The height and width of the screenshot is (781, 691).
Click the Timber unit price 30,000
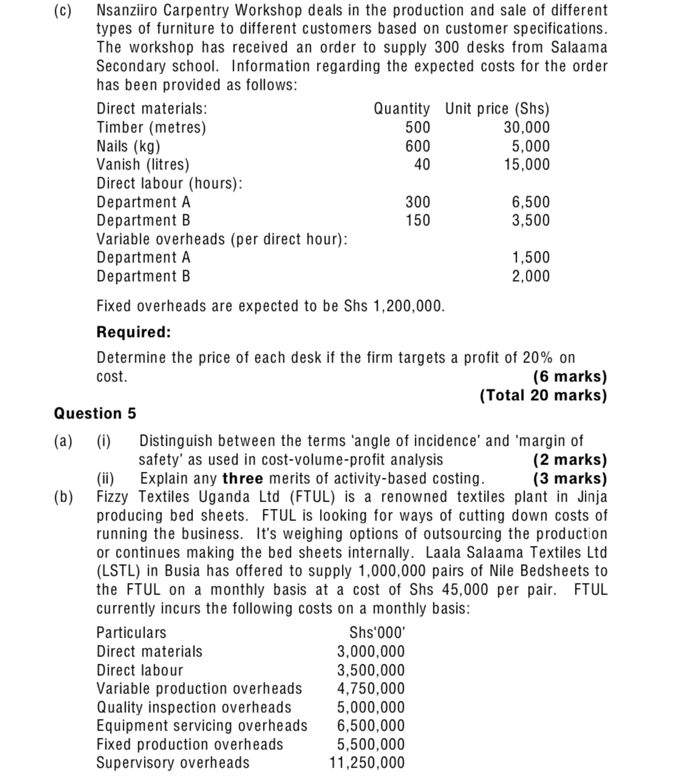coord(526,128)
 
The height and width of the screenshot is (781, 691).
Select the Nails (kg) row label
coord(129,146)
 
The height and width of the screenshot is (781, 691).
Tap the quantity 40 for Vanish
coord(421,165)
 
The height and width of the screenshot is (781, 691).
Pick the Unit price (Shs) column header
coord(497,109)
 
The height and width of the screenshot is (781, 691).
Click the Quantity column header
coord(401,109)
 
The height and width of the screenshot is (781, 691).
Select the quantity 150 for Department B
coord(418,220)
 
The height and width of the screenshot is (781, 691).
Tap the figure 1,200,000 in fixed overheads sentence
coord(406,306)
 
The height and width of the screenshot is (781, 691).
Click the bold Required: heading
coord(134,332)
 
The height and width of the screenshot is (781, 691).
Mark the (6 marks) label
coord(570,377)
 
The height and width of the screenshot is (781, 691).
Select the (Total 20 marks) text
coord(543,395)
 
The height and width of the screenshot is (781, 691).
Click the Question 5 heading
coord(95,414)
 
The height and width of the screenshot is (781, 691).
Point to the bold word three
coord(243,479)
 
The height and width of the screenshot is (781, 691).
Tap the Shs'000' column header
coord(377,633)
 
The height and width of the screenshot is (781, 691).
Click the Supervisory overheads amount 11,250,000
coord(367,763)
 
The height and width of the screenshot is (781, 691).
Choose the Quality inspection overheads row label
coord(194,708)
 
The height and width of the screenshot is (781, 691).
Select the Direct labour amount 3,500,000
coord(370,670)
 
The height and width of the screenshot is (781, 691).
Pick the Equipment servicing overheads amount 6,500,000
coord(370,726)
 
